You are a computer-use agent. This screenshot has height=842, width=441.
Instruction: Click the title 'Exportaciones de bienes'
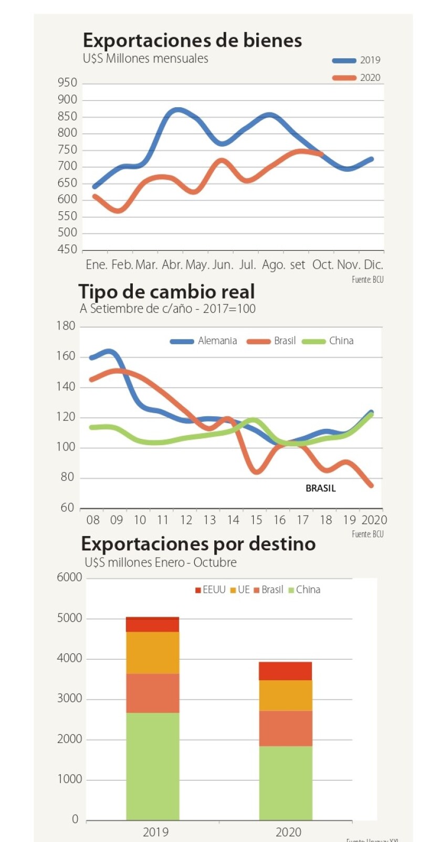pyautogui.click(x=192, y=40)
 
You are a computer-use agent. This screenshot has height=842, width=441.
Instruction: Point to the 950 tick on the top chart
pyautogui.click(x=67, y=83)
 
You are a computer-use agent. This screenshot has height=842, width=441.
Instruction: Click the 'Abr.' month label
pyautogui.click(x=172, y=265)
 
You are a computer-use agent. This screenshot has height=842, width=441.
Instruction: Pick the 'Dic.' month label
pyautogui.click(x=373, y=265)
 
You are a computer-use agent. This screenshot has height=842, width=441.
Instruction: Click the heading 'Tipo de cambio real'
pyautogui.click(x=166, y=292)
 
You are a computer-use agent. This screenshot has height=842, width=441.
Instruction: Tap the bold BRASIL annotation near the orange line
pyautogui.click(x=320, y=488)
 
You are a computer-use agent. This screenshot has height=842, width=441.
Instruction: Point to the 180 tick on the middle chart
pyautogui.click(x=66, y=326)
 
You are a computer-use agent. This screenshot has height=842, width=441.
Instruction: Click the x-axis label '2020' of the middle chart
pyautogui.click(x=374, y=520)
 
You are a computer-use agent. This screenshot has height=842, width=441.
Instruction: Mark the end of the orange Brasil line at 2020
pyautogui.click(x=371, y=486)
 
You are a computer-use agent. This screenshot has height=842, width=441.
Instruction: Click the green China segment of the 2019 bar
pyautogui.click(x=152, y=766)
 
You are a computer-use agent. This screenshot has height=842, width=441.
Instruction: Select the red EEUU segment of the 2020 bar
pyautogui.click(x=286, y=671)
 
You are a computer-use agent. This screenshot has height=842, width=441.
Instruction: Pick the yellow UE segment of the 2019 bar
pyautogui.click(x=152, y=653)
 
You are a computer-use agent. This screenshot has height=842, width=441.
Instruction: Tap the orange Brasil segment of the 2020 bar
pyautogui.click(x=286, y=728)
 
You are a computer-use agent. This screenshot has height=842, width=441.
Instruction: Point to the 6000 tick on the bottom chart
pyautogui.click(x=69, y=578)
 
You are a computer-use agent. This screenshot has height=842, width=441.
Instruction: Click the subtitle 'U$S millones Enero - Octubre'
pyautogui.click(x=161, y=563)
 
